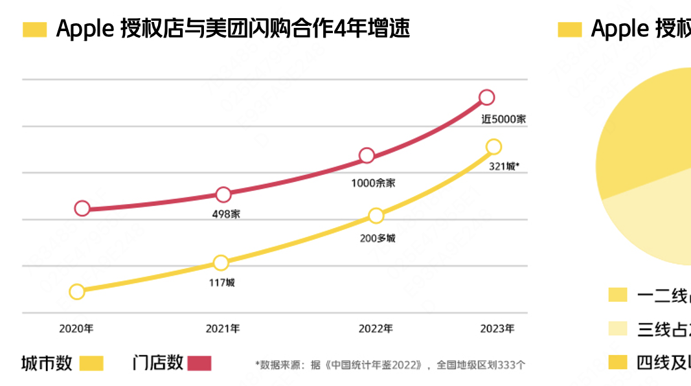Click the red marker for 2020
pos(82,208)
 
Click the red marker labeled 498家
pos(223,194)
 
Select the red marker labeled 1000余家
pos(367,155)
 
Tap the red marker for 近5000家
pos(487,98)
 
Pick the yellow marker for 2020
pos(76,291)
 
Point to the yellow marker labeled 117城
pos(221,262)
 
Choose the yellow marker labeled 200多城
pos(376,216)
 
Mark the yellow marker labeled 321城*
pos(493,147)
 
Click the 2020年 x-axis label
pos(76,329)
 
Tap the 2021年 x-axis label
pos(223,329)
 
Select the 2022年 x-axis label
pos(376,329)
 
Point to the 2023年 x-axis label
pos(497,329)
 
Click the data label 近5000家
pos(503,119)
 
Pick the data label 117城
pos(221,282)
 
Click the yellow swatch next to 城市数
pos(91,363)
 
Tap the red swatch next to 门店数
pos(199,363)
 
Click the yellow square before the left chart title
pos(35,30)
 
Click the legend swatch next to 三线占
pos(618,329)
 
